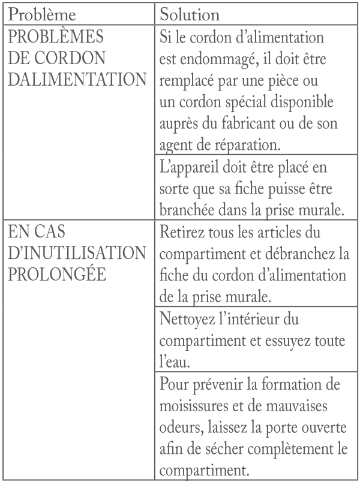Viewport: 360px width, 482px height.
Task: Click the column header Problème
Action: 44,13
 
